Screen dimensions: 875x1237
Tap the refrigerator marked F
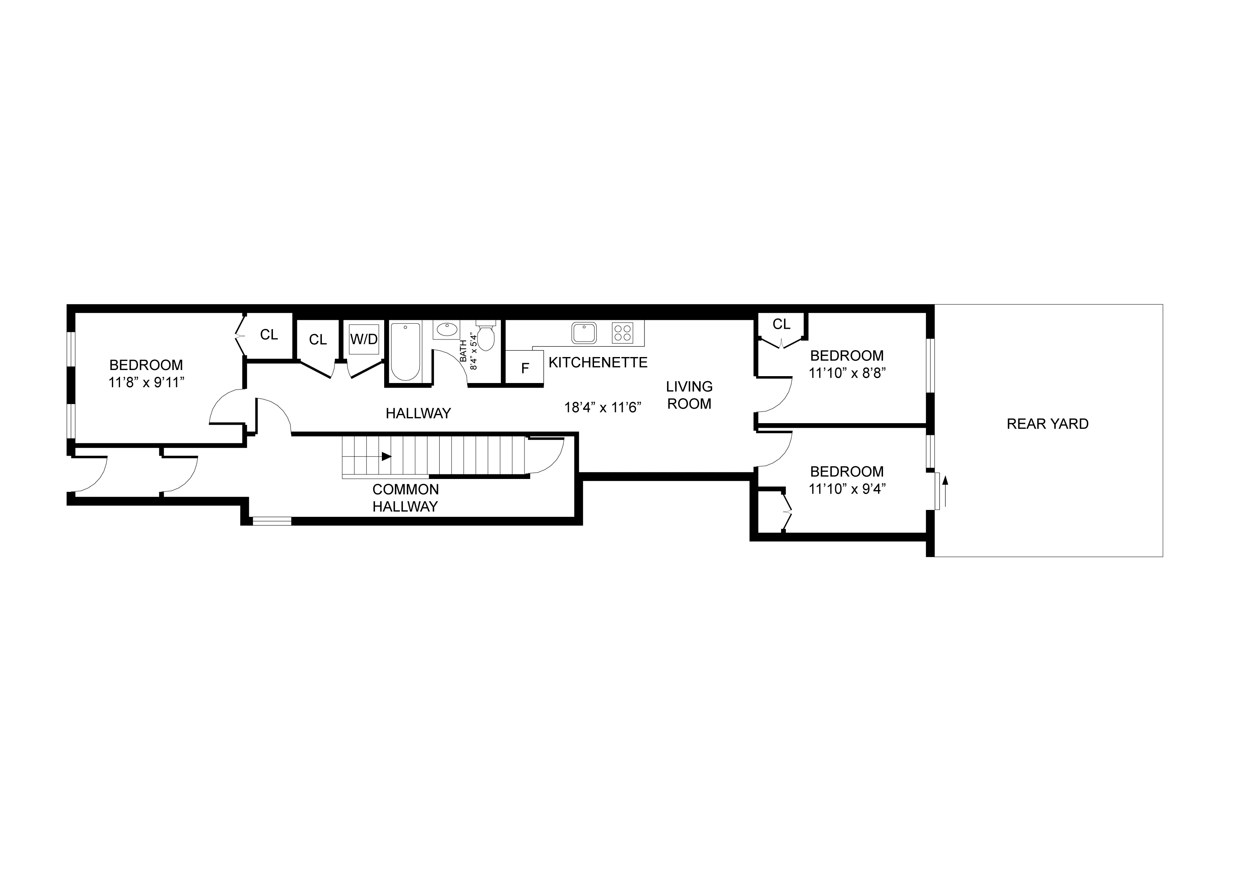[x=525, y=368]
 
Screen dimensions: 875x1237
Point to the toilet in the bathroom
[x=486, y=337]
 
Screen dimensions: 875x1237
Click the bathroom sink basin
[x=446, y=329]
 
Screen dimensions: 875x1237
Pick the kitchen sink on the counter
[x=584, y=333]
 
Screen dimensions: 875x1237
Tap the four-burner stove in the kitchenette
[x=622, y=333]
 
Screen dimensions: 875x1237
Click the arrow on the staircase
[x=386, y=456]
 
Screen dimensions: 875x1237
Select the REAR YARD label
[x=1047, y=424]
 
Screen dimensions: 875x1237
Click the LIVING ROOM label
[x=689, y=395]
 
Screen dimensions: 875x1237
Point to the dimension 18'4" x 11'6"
[x=602, y=407]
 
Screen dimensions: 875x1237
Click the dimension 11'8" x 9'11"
[x=146, y=383]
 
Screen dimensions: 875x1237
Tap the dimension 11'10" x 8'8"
[x=847, y=373]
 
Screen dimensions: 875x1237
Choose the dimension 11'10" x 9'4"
[x=847, y=489]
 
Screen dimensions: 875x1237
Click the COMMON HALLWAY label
[x=405, y=498]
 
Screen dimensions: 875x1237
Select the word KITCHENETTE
[x=598, y=363]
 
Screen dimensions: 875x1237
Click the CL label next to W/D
[x=318, y=339]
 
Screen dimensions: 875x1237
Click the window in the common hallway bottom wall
[x=272, y=521]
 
